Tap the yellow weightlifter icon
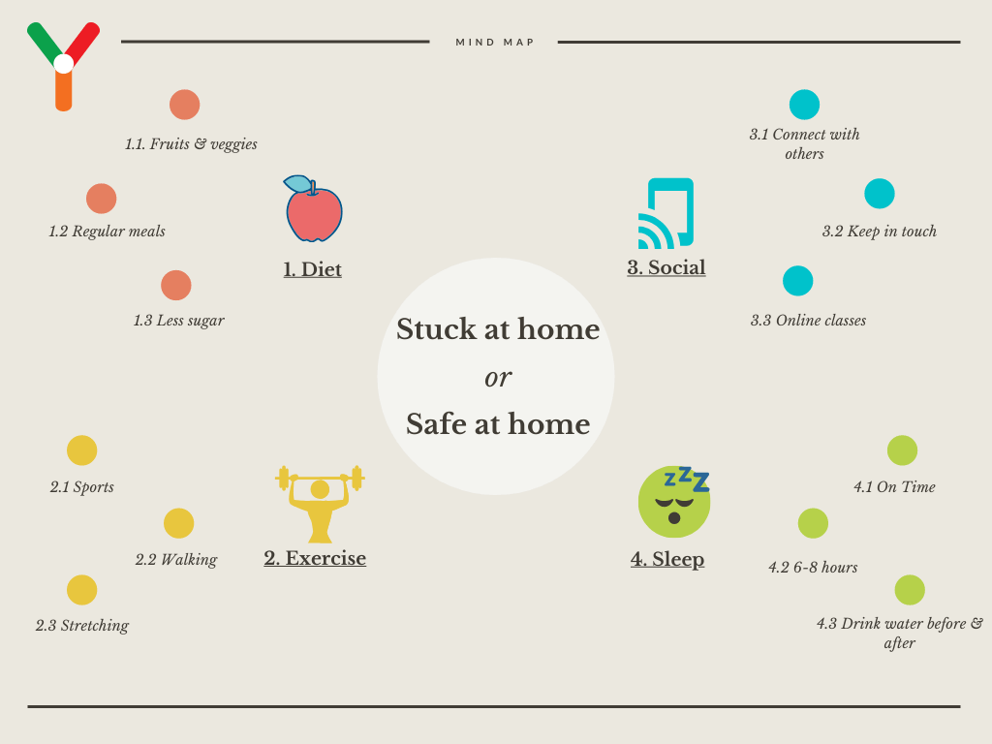pos(320,504)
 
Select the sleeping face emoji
pos(674,502)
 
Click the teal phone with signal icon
pos(666,214)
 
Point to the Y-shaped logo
pos(63,67)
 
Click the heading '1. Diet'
pos(313,269)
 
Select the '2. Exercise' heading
pos(315,558)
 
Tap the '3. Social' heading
pos(666,267)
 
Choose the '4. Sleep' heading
pos(667,559)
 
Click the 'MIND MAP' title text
pos(495,43)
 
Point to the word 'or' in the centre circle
pos(498,378)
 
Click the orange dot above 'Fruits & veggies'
pos(185,105)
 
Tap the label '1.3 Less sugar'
pos(179,320)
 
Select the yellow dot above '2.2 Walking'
pos(179,523)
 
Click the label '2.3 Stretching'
pos(82,626)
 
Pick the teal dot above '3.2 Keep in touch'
pos(880,194)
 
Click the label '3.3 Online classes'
pos(809,320)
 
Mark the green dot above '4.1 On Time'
pos(902,450)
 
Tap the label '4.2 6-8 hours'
pos(813,568)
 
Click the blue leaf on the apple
pos(297,183)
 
